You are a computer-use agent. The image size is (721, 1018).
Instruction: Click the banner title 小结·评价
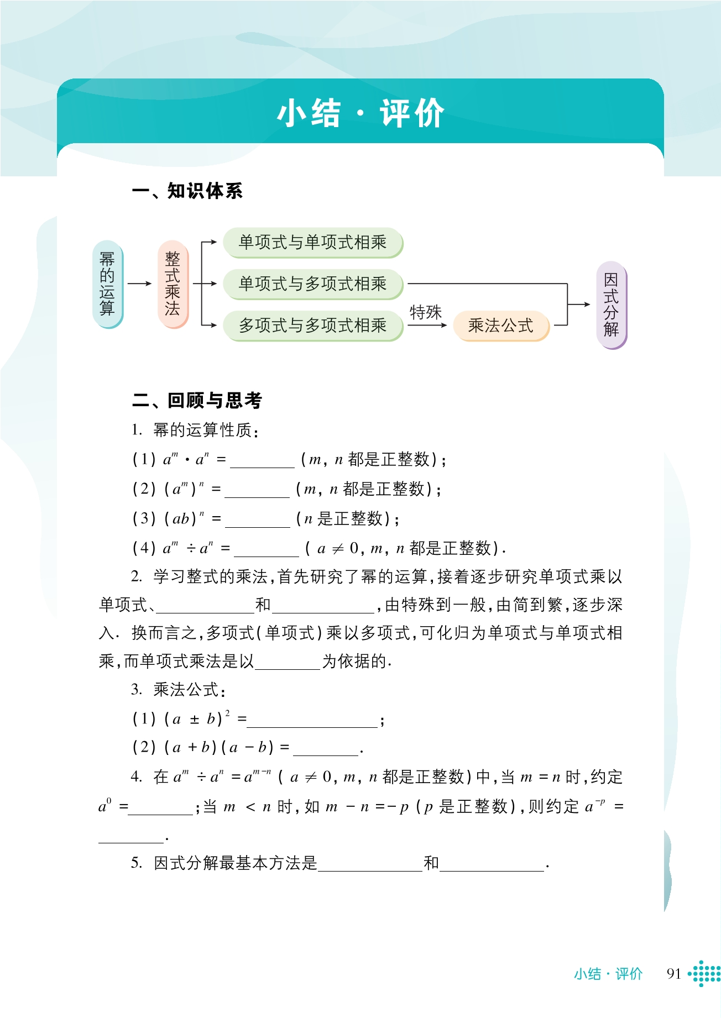360,113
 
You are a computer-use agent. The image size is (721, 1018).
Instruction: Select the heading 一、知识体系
187,191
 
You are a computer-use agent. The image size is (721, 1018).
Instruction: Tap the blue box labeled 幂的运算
107,284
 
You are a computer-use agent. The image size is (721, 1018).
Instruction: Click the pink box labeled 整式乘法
173,284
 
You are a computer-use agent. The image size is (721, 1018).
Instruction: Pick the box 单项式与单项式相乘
312,242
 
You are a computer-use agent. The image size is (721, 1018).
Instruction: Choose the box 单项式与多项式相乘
312,284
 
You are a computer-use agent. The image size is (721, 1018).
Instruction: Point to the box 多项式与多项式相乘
312,325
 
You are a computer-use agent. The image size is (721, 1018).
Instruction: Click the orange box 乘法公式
500,325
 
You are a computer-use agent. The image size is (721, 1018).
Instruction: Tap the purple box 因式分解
611,305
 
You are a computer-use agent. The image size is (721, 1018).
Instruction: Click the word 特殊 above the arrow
425,312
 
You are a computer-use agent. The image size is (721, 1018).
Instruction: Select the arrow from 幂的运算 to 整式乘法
139,284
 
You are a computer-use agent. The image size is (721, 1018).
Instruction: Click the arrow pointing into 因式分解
579,305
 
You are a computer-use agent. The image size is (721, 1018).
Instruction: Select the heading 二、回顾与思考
197,400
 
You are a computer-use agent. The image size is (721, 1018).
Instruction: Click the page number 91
673,974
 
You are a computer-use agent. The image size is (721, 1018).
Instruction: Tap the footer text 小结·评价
608,974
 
